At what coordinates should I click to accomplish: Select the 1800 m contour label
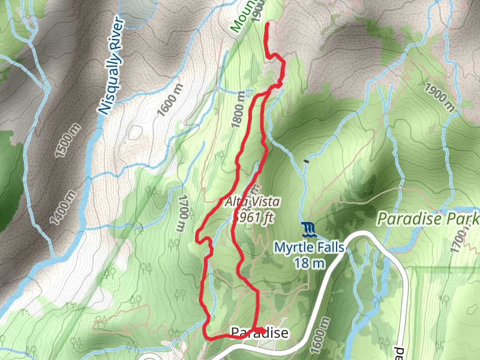(239, 110)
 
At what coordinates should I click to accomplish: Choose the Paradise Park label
(428, 218)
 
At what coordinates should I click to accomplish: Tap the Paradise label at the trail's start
(259, 334)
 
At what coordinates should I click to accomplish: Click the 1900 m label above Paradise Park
(440, 97)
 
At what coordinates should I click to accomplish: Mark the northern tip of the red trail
(266, 23)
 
